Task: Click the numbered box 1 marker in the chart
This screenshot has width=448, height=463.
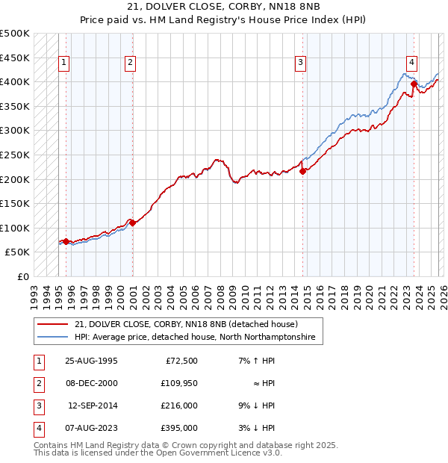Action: (65, 63)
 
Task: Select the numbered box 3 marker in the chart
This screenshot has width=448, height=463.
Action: (300, 63)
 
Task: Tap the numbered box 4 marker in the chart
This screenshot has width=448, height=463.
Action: (411, 63)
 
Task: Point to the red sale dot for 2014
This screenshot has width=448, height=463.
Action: (302, 171)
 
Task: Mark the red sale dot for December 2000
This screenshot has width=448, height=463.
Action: (132, 222)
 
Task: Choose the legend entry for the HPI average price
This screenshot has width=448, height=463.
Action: (195, 338)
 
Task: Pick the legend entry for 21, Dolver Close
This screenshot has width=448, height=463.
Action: (186, 324)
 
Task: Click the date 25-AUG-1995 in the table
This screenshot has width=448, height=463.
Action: (91, 361)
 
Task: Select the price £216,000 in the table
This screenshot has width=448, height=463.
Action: (180, 405)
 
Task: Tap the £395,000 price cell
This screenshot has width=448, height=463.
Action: (180, 428)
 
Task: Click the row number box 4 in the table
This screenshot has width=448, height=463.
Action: (38, 428)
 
